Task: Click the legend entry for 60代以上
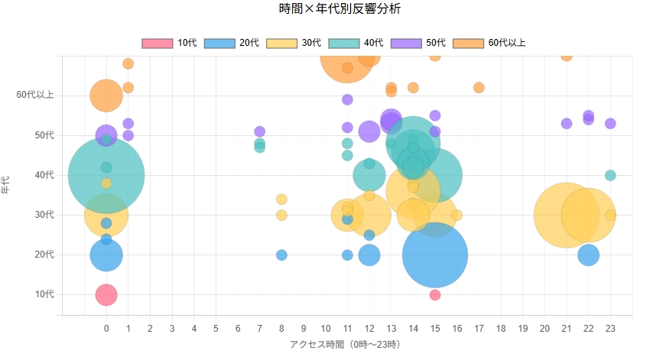coord(489,43)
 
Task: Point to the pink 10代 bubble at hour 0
coord(106,294)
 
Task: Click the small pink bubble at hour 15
coord(435,295)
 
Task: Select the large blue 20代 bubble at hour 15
coord(435,255)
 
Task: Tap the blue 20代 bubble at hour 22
coord(588,255)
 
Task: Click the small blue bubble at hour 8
coord(281,255)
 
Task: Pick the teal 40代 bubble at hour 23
coord(610,175)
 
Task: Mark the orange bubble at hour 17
coord(479,88)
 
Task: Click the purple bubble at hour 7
coord(260,131)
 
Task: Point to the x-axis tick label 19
coord(522,329)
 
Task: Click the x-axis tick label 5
coord(216,329)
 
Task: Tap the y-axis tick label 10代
coord(45,294)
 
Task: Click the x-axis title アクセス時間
coord(345,345)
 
